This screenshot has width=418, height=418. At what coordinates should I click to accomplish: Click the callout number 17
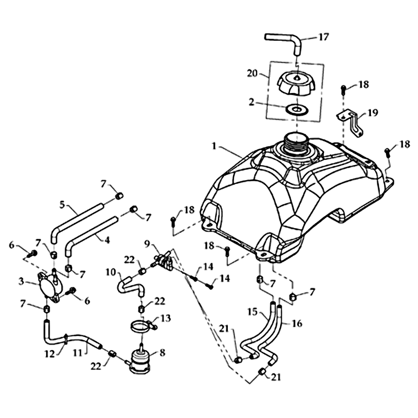(x=324, y=38)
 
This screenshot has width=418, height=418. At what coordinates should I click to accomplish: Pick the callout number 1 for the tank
(x=214, y=147)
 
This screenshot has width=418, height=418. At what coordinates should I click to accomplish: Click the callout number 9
(x=147, y=243)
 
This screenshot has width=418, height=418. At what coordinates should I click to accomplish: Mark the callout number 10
(x=110, y=272)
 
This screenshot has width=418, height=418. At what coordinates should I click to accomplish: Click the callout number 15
(x=252, y=312)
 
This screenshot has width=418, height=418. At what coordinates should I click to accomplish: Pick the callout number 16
(x=297, y=324)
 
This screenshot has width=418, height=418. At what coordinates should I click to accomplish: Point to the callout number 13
(x=165, y=318)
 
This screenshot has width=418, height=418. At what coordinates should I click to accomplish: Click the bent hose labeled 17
(x=285, y=39)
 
